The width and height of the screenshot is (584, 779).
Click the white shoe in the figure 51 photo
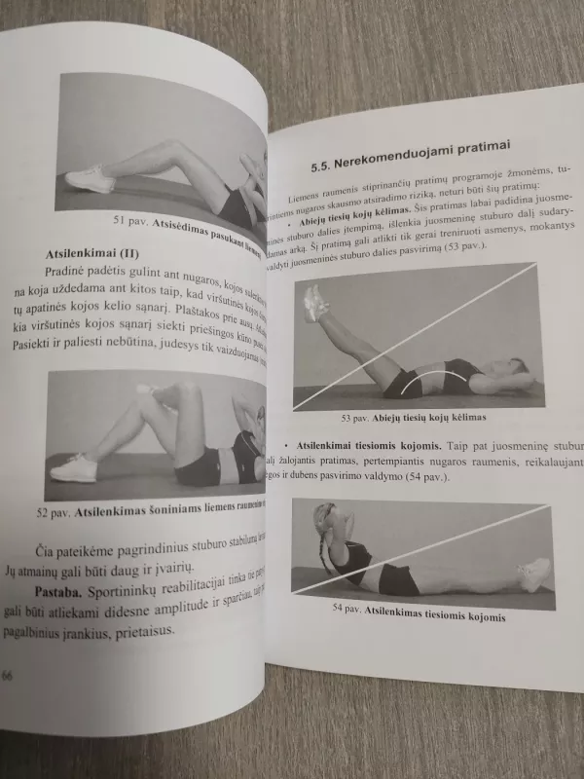90,178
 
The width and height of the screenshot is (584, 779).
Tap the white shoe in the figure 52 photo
74,468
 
